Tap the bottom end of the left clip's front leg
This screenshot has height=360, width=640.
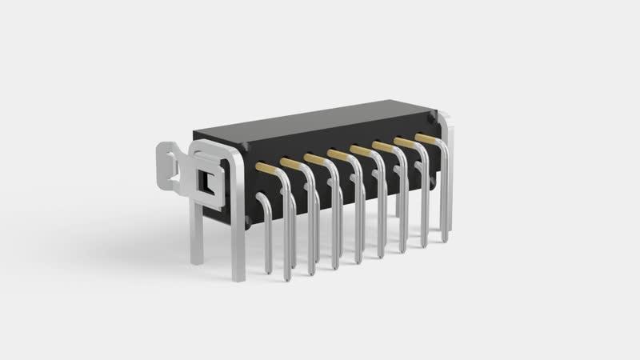click(x=238, y=276)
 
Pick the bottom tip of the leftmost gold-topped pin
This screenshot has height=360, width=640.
click(x=287, y=277)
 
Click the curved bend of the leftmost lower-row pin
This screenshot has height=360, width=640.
click(x=262, y=216)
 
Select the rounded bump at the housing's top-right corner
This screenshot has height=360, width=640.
click(x=432, y=118)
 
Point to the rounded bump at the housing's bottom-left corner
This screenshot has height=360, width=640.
click(x=247, y=220)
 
